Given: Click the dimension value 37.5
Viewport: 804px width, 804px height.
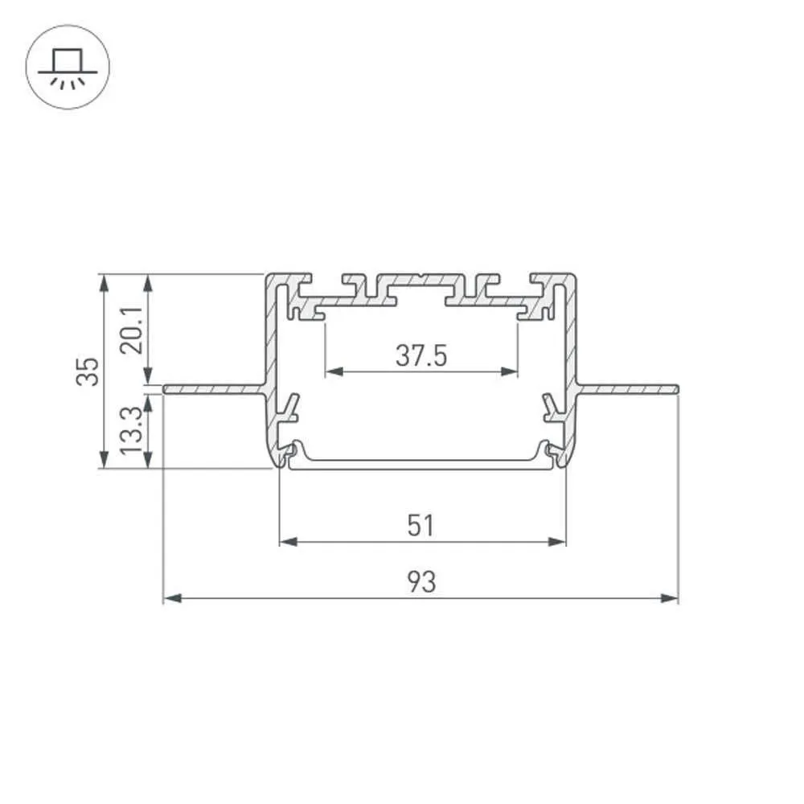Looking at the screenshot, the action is (x=421, y=355).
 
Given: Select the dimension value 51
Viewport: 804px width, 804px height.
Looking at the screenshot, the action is (x=421, y=526).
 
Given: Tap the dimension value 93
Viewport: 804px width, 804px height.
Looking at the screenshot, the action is (x=421, y=582).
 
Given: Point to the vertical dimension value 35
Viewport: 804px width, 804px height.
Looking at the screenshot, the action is (x=88, y=371).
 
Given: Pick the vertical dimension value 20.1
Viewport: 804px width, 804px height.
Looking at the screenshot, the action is (x=131, y=330).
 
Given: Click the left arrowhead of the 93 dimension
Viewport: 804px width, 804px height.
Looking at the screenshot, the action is (x=172, y=598).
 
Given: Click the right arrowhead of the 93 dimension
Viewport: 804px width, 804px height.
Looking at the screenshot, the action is (x=669, y=598).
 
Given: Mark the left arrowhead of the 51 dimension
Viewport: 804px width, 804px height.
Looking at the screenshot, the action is (x=289, y=541).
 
